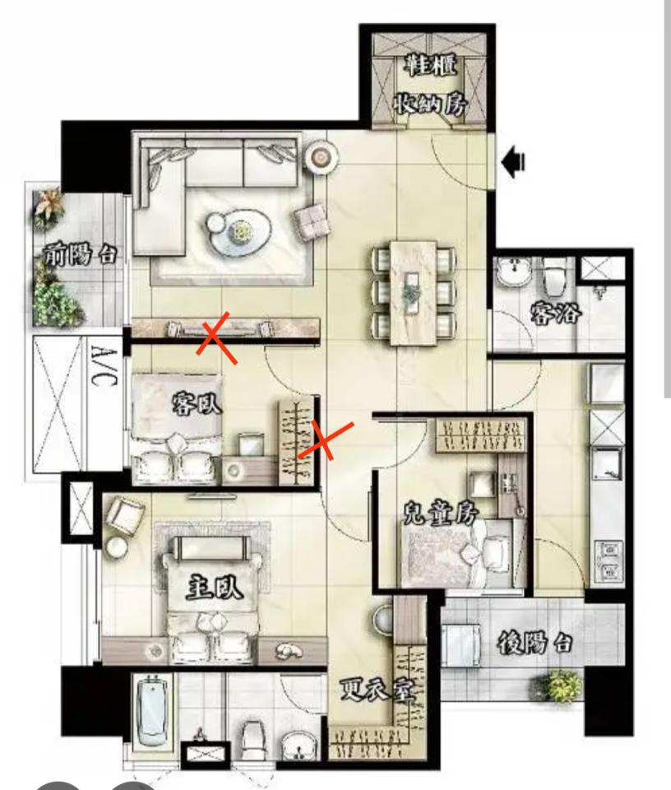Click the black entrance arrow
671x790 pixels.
(513, 162)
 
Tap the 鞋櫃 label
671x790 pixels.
(432, 65)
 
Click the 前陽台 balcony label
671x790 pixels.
(80, 254)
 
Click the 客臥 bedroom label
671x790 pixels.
(197, 403)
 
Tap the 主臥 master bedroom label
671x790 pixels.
(215, 587)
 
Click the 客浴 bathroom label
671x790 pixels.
(556, 313)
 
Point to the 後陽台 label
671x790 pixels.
(534, 643)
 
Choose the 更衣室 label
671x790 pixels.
(377, 690)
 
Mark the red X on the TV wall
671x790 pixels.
(216, 337)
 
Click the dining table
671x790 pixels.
(414, 293)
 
